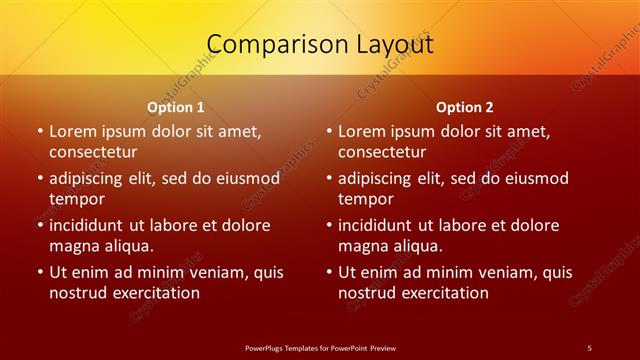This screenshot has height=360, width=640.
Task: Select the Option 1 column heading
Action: pos(176,107)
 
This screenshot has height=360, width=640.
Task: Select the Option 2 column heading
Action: pos(465,107)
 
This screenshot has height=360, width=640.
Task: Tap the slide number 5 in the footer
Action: pos(589,347)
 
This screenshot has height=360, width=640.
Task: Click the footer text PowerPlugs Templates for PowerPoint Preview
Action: pos(320,347)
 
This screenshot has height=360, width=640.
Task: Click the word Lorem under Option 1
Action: pos(73,131)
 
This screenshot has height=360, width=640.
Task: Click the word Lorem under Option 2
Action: pos(362,131)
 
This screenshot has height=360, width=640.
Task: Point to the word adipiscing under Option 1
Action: pos(92,178)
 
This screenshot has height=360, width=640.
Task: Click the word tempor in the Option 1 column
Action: pos(77,199)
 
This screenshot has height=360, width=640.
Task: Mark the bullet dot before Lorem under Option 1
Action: pos(40,131)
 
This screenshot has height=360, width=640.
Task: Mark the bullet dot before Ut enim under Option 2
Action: pos(329,272)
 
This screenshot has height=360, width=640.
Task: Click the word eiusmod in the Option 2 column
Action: pos(532,178)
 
